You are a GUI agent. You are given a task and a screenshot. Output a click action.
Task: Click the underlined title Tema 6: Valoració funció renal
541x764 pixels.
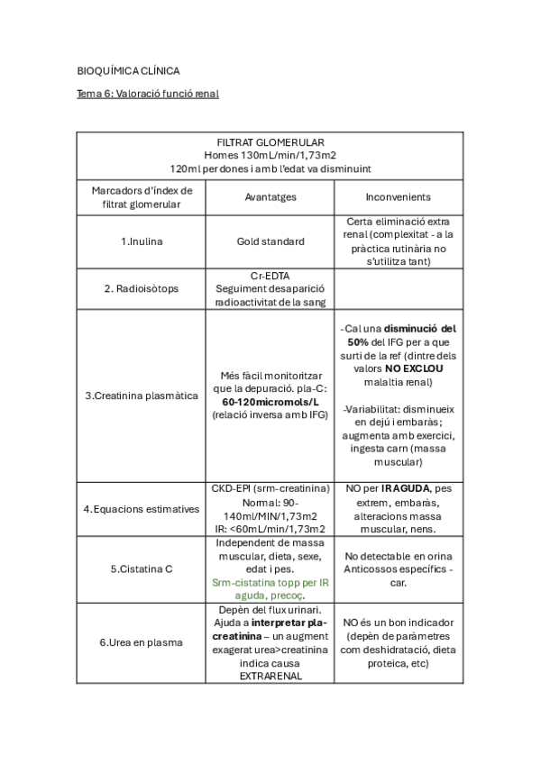[148, 94]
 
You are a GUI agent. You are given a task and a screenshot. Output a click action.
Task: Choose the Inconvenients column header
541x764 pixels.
[398, 197]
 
